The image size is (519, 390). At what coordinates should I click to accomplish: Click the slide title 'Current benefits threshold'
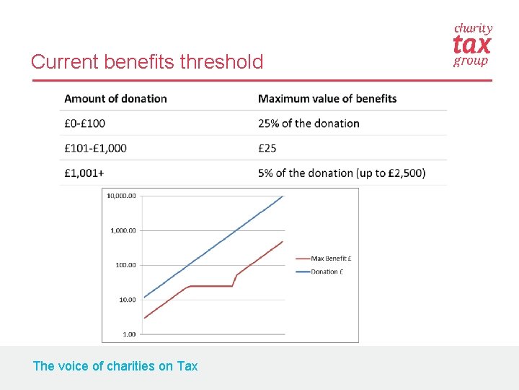point(147,62)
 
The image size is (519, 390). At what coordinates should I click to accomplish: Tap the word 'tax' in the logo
point(471,45)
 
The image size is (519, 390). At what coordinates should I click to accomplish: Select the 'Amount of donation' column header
point(115,99)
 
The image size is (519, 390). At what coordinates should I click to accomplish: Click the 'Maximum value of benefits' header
point(327,99)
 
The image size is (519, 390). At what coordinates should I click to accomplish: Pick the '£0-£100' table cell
point(84,123)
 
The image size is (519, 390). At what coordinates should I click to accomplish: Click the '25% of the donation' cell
point(309,123)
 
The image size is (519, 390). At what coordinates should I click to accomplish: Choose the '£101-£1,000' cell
point(95,148)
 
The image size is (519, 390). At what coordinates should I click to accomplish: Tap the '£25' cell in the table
point(268,148)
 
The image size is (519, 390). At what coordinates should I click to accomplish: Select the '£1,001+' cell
point(84,173)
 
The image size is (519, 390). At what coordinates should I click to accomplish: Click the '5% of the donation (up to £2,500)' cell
point(342,173)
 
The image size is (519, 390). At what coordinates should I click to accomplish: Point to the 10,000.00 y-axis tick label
point(121,196)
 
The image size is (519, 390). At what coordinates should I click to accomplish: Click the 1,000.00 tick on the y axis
point(123,230)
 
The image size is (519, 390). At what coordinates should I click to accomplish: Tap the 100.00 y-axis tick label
point(125,265)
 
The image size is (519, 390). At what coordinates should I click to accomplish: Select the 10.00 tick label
point(127,300)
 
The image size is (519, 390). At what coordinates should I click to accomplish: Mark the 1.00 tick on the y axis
point(129,334)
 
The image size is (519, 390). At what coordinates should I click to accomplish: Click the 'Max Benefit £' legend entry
point(331,258)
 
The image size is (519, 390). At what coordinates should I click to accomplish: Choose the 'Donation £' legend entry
point(327,272)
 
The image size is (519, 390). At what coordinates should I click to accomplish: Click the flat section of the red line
point(210,286)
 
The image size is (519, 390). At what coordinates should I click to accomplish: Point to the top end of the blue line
point(283,196)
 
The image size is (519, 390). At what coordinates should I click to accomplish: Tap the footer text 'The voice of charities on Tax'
point(115,366)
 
